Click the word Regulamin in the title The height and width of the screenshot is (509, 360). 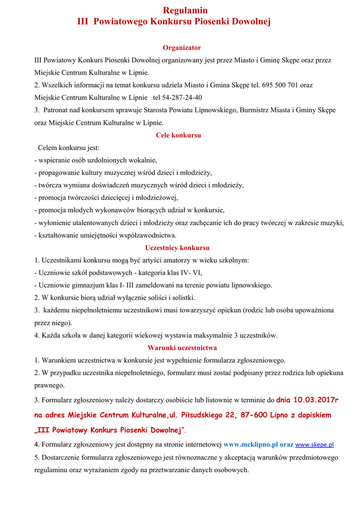coord(185,10)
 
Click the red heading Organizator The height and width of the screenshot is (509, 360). coord(182,48)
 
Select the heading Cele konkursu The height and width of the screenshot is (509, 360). coord(179,135)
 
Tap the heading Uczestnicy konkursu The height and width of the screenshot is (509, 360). coord(178,248)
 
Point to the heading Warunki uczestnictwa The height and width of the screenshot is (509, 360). coord(182,348)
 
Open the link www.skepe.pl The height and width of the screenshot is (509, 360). coord(314,445)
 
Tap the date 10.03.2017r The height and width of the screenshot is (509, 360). coord(315,399)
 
